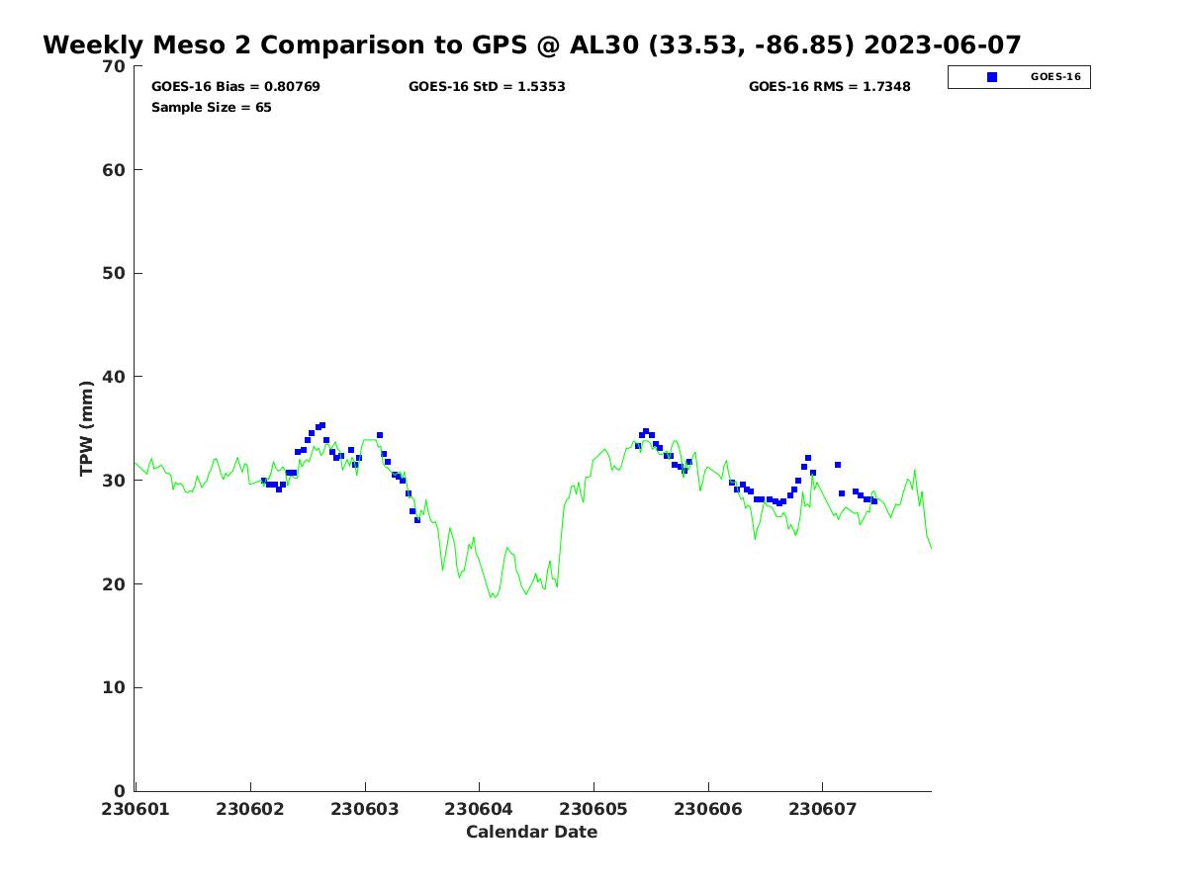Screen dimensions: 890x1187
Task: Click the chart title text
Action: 532,45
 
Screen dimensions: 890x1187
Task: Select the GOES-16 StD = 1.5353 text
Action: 487,87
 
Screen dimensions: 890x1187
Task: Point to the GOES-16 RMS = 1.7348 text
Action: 829,87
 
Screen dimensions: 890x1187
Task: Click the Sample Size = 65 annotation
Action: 211,108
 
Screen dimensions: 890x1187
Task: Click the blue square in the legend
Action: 992,77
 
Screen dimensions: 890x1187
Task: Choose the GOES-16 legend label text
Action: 1055,77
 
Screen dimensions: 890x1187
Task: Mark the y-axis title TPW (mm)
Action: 87,428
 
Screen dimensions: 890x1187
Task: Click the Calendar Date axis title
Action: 531,833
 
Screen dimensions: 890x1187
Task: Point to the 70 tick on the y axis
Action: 115,66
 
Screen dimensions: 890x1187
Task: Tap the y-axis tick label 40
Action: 115,377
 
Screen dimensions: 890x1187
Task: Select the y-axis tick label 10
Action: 115,687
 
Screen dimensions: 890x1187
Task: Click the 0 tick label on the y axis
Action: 120,791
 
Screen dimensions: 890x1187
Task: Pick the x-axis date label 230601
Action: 136,809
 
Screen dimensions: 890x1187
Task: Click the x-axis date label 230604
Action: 479,809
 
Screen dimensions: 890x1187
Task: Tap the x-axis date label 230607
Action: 822,809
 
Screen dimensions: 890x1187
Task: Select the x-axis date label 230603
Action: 365,809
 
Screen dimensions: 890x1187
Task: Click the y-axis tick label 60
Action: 115,170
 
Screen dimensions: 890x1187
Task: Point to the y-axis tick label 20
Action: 115,584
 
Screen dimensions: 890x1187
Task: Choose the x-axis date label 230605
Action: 593,809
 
